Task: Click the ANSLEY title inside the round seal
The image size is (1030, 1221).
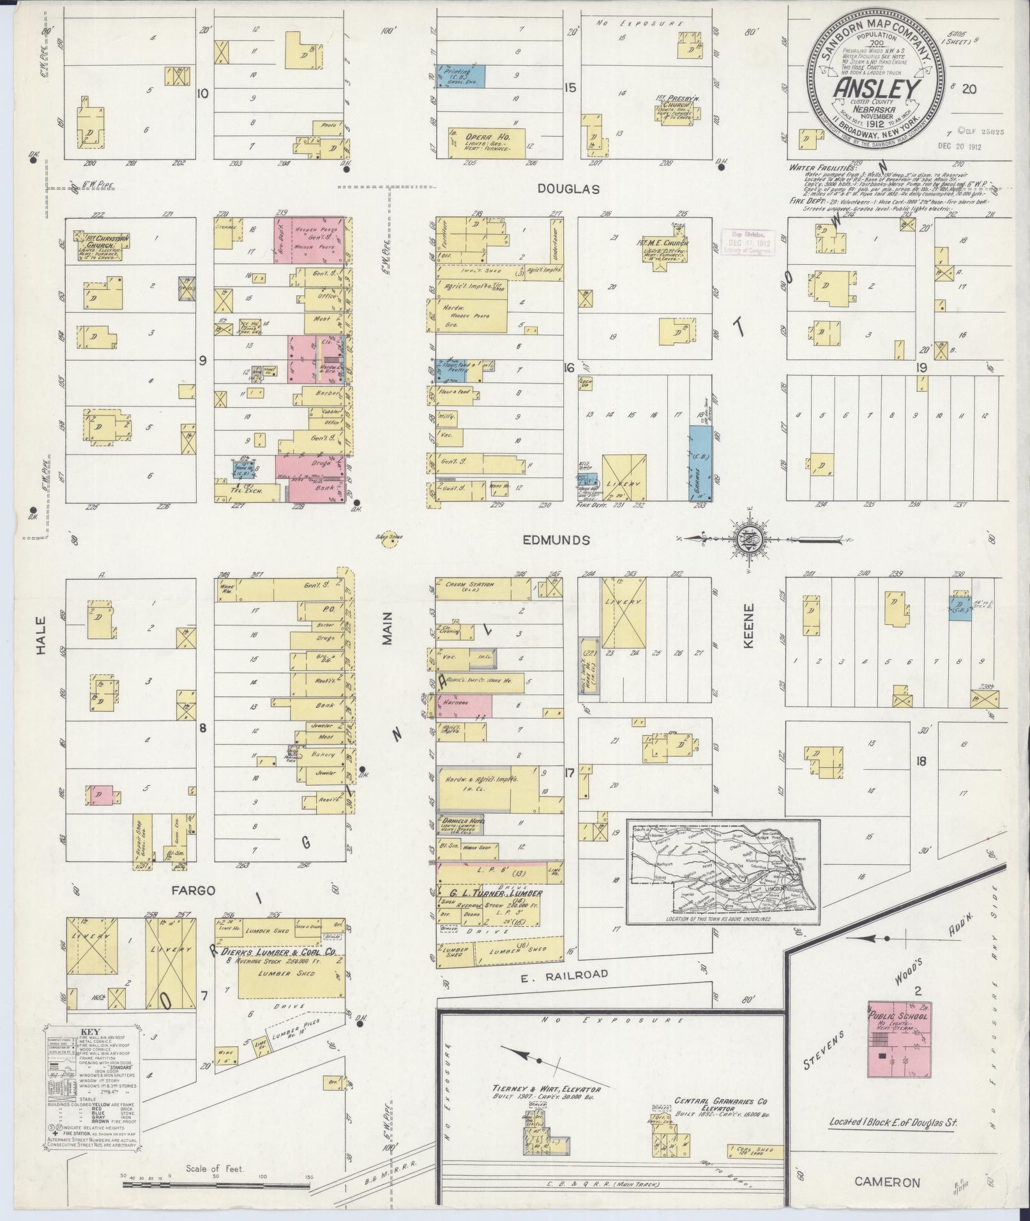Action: (875, 89)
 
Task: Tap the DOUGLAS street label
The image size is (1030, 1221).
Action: (568, 190)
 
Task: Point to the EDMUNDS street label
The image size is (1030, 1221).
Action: (556, 540)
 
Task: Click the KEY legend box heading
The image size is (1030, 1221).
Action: (93, 1031)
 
